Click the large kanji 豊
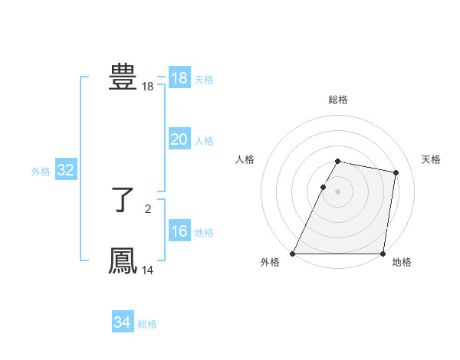123,77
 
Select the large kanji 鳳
123,261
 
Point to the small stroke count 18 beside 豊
148,87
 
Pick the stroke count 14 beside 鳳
148,270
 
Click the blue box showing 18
179,78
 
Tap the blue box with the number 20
179,139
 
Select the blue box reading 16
179,231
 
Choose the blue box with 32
65,170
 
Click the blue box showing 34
122,322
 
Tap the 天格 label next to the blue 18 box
204,80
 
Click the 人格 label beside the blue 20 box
204,141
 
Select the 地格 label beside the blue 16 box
204,233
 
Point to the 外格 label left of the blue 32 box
41,172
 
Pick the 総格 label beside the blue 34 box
147,324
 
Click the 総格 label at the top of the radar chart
338,100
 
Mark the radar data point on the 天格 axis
396,173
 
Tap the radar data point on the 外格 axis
293,254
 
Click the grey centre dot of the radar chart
338,191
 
